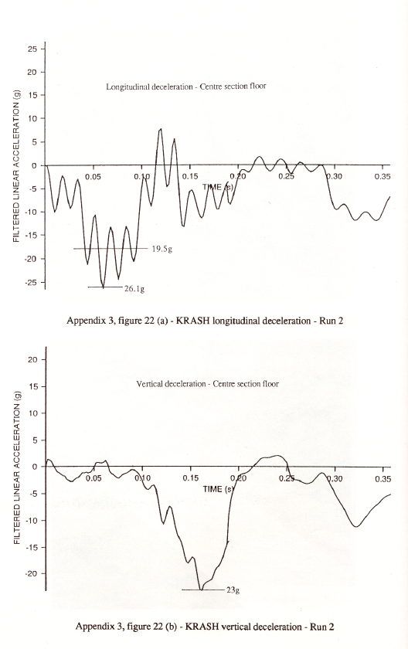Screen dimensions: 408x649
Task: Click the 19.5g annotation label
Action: [161, 249]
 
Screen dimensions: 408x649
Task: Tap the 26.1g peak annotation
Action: [134, 289]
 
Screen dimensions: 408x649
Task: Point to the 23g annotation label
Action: [233, 590]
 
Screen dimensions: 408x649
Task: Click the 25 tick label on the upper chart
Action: [32, 49]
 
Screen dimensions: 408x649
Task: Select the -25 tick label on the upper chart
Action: [31, 282]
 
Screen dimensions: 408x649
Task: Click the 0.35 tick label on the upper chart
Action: [382, 177]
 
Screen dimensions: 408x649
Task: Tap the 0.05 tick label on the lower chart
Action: [93, 479]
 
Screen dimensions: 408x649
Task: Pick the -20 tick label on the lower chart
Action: [31, 573]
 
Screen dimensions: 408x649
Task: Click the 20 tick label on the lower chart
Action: [32, 360]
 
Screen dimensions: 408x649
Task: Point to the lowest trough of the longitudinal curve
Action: [103, 287]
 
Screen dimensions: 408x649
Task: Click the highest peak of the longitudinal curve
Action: [161, 129]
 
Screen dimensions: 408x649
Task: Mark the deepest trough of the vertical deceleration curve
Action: [201, 589]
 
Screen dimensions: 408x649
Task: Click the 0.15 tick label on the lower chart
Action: [190, 479]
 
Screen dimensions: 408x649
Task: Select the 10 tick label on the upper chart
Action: [32, 119]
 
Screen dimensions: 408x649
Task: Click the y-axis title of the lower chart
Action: [17, 467]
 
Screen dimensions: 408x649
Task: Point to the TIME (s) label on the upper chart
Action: [218, 187]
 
